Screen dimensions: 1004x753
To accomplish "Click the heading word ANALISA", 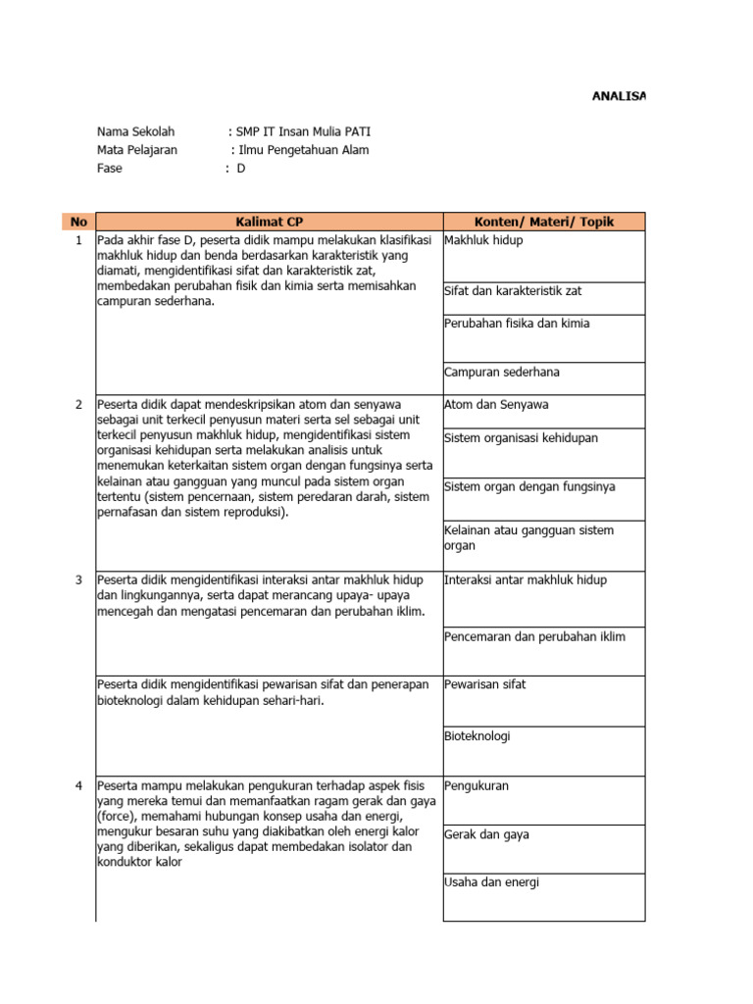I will tap(619, 96).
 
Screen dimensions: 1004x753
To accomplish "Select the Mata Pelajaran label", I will tap(137, 150).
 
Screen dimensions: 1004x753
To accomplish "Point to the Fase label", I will tap(110, 169).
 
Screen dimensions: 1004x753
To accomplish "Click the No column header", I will tap(77, 222).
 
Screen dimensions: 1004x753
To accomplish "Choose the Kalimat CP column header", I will tap(269, 222).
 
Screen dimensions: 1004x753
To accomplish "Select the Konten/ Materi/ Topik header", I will tap(544, 222).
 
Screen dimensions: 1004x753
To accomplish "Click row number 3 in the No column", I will tap(78, 579).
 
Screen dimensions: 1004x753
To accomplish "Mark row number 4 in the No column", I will tap(78, 785).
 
